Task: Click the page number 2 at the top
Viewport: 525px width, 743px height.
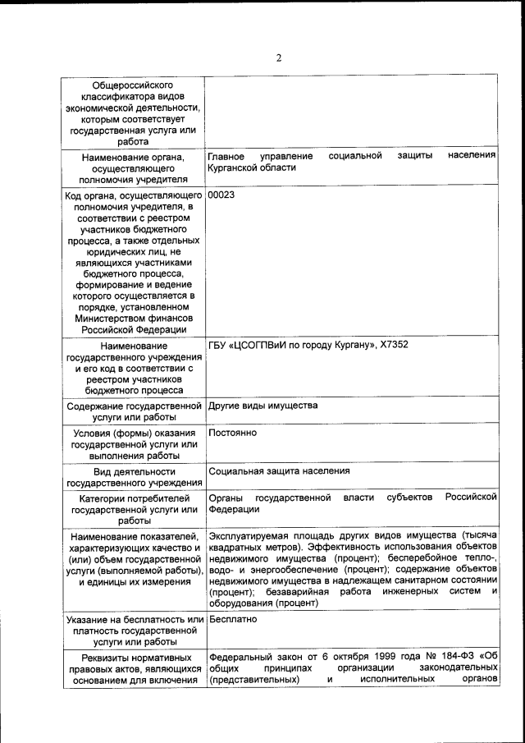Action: (278, 57)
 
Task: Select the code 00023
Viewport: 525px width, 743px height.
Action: (222, 196)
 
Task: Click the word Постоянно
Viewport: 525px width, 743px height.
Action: (233, 432)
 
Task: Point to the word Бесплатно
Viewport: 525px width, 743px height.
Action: (234, 619)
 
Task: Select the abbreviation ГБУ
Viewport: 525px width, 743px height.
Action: (219, 344)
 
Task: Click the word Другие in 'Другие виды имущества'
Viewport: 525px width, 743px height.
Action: (226, 406)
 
